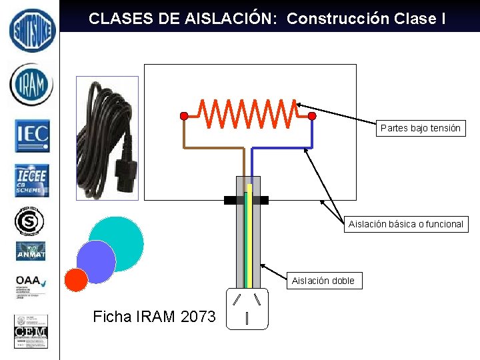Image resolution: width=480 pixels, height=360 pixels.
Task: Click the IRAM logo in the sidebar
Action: tap(31, 85)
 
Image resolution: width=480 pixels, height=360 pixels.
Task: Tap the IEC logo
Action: tap(32, 135)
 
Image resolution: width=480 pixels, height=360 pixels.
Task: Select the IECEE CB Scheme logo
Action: tap(32, 181)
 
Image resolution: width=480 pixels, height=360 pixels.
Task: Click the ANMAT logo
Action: tap(31, 251)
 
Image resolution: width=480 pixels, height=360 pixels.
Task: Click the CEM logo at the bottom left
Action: tap(31, 331)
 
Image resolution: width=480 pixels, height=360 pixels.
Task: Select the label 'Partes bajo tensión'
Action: tap(420, 128)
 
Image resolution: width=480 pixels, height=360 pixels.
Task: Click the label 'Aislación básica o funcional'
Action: tap(405, 224)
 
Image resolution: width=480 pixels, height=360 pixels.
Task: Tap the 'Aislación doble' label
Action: tap(323, 281)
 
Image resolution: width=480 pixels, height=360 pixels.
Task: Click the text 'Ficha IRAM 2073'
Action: tap(155, 317)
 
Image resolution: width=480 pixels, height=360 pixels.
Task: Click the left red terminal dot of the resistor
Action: tap(184, 116)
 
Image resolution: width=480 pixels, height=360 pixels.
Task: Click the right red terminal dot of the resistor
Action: tap(312, 116)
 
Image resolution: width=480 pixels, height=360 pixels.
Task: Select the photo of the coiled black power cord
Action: tap(107, 138)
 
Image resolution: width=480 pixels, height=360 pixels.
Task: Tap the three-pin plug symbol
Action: tap(247, 309)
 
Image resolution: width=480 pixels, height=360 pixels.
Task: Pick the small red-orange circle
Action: tap(77, 279)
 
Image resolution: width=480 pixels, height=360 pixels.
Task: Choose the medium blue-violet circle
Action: tap(96, 261)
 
